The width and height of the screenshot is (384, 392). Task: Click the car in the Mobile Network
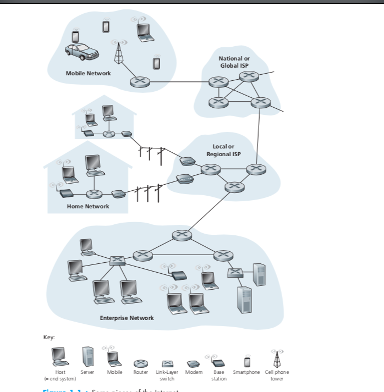pyautogui.click(x=81, y=51)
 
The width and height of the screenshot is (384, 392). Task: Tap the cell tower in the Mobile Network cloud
pyautogui.click(x=117, y=53)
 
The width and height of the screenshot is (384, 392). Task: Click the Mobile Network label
pyautogui.click(x=88, y=73)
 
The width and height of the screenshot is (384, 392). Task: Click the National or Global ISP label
pyautogui.click(x=233, y=62)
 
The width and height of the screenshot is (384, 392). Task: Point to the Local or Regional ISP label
pyautogui.click(x=223, y=150)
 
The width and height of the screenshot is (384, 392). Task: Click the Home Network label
pyautogui.click(x=88, y=206)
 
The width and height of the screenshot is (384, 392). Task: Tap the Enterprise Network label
pyautogui.click(x=127, y=318)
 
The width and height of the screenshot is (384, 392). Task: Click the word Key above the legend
pyautogui.click(x=49, y=337)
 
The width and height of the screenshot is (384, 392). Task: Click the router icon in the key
pyautogui.click(x=141, y=363)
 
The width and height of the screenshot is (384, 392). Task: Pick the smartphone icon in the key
pyautogui.click(x=247, y=361)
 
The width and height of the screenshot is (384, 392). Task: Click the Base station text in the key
pyautogui.click(x=219, y=375)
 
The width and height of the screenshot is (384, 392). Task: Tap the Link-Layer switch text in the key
pyautogui.click(x=167, y=375)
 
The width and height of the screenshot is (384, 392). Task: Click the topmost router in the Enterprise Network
pyautogui.click(x=180, y=235)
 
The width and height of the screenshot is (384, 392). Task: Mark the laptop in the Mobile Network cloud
pyautogui.click(x=144, y=32)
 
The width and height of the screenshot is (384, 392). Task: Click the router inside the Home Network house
pyautogui.click(x=94, y=194)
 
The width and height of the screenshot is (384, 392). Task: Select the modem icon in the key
pyautogui.click(x=192, y=364)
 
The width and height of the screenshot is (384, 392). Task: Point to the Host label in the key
pyautogui.click(x=61, y=372)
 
